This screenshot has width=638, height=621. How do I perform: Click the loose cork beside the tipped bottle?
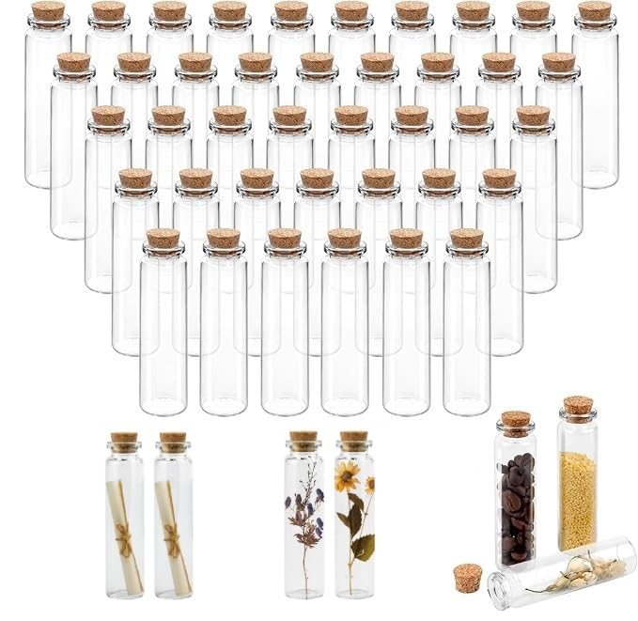click(467, 576)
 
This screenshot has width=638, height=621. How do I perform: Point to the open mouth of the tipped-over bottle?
click(497, 589)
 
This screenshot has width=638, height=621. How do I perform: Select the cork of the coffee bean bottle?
click(516, 422)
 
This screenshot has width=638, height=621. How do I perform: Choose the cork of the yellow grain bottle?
click(578, 406)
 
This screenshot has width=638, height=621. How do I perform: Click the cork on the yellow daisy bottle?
click(354, 439)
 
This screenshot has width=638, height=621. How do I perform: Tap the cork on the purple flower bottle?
click(303, 439)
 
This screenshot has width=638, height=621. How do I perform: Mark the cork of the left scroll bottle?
click(124, 441)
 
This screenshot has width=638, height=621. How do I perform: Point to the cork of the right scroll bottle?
click(173, 441)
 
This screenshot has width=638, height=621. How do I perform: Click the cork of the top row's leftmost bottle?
click(48, 11)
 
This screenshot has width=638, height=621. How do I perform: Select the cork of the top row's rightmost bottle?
click(594, 11)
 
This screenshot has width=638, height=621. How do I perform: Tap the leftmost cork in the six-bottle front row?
click(163, 239)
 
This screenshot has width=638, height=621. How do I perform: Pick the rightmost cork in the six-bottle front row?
click(466, 239)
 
